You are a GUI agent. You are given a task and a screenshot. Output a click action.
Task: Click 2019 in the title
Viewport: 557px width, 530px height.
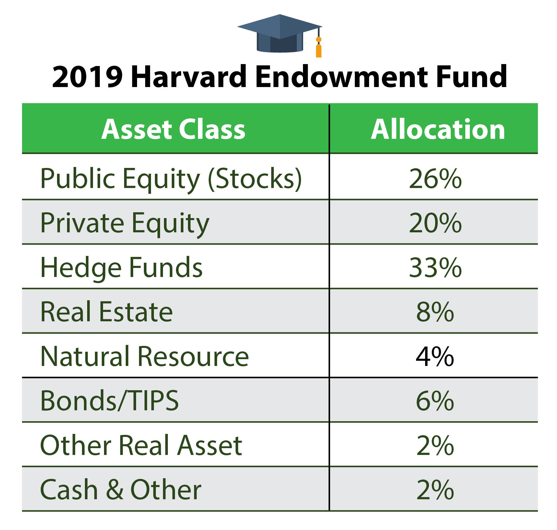coord(87,77)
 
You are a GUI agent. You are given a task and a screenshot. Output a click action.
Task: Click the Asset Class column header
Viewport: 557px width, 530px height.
coord(173,129)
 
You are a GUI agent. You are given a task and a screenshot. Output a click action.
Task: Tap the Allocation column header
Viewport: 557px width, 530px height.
coord(438,129)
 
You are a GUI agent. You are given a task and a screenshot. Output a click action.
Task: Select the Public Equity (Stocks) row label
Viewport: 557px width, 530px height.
coord(171,179)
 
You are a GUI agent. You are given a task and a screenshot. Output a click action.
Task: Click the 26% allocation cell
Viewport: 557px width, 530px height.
coord(435,179)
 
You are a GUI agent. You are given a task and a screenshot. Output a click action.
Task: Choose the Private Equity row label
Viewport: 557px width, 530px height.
coord(125,224)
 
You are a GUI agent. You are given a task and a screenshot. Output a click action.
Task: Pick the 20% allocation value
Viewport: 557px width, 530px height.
coord(435,223)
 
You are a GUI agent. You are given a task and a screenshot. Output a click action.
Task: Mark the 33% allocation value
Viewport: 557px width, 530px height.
coord(435,268)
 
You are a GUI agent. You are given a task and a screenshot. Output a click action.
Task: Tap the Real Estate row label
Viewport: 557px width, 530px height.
coord(107,312)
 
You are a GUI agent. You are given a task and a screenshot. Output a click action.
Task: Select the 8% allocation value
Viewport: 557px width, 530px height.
coord(435,312)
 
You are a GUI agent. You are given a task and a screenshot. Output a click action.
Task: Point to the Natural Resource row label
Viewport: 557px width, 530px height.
coord(145,356)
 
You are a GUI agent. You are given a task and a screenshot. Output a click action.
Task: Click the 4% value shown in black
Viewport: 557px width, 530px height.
coord(435,356)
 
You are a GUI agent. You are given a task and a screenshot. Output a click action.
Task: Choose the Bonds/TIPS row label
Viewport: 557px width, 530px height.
coord(110,401)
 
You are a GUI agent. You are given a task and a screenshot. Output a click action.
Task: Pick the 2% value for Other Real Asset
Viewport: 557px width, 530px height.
coord(435,446)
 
